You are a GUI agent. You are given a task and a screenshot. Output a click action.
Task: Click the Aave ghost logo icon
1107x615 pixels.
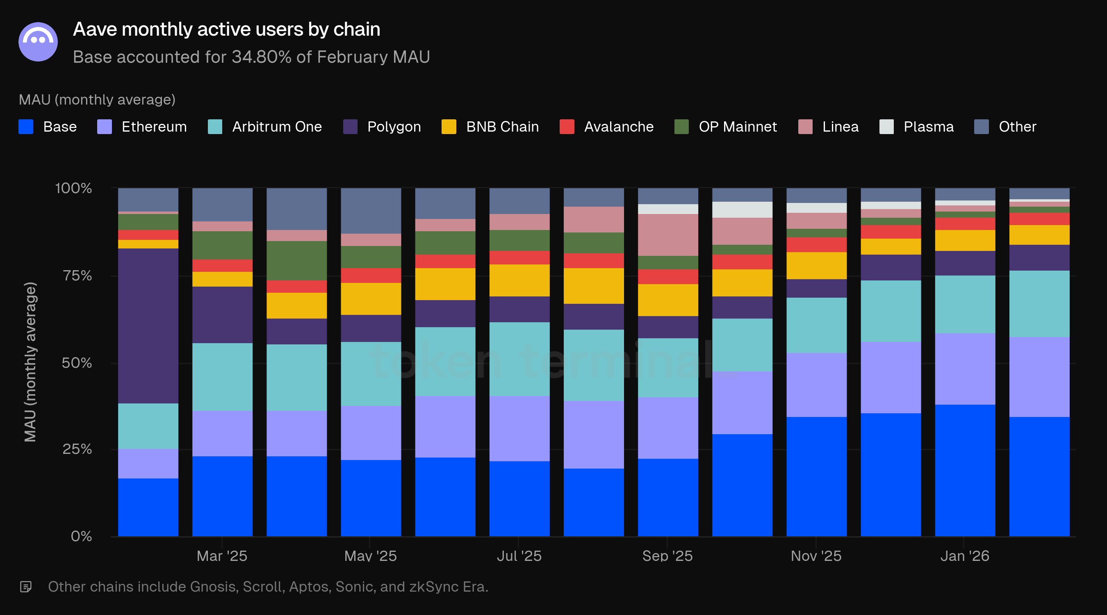click(38, 42)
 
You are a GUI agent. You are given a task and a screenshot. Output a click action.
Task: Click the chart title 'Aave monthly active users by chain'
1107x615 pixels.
click(226, 29)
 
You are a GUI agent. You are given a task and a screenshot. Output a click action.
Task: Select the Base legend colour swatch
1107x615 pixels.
click(26, 127)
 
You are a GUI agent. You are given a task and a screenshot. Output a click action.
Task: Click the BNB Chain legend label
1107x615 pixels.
click(502, 127)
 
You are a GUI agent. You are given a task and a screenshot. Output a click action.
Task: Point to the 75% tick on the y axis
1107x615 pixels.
click(77, 276)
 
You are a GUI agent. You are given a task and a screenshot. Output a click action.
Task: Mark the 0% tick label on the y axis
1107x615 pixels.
click(81, 536)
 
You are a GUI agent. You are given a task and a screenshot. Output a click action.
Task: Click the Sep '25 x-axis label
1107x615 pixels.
click(667, 556)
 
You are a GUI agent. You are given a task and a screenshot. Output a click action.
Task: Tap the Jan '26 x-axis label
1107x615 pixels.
click(964, 556)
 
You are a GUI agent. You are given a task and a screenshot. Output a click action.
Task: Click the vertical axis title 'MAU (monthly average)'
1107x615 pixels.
click(30, 362)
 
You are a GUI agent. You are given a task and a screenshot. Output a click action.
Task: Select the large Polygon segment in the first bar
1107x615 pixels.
click(148, 326)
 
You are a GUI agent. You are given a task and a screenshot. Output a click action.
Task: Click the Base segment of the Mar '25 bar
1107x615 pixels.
click(222, 496)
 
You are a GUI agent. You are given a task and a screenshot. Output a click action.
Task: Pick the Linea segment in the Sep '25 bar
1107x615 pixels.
click(668, 235)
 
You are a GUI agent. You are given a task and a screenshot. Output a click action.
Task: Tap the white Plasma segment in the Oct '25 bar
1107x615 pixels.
click(742, 210)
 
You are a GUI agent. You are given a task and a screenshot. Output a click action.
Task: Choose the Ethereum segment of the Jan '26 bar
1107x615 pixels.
click(965, 369)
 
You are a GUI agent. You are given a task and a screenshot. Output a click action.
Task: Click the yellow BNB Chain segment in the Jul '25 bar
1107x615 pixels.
click(519, 280)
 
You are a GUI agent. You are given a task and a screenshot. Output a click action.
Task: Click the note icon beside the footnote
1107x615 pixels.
click(26, 587)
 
